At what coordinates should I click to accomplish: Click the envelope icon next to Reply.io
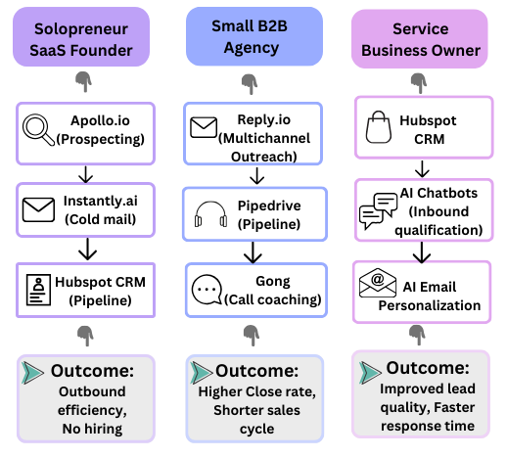(x=203, y=126)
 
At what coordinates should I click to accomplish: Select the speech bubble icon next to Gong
(x=208, y=291)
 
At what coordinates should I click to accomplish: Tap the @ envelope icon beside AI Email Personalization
(x=378, y=288)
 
